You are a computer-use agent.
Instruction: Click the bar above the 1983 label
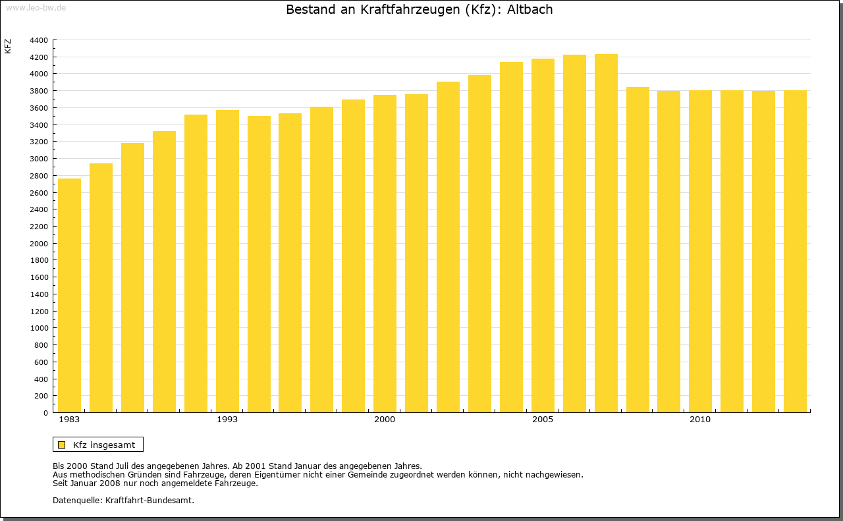coord(69,296)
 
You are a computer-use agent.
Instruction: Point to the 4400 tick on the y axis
coord(39,40)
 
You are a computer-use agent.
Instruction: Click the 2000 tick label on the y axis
coord(39,244)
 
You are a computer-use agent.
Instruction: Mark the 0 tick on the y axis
coord(45,413)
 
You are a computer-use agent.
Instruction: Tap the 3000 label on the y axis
coord(39,159)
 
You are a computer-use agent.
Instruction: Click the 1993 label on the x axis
coord(227,420)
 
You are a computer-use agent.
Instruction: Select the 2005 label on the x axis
coord(543,420)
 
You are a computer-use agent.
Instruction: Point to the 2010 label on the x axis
coord(700,420)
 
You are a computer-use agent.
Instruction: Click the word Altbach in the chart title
coord(530,10)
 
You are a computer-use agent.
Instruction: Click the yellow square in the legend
coord(62,445)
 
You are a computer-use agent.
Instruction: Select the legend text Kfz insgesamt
coord(104,445)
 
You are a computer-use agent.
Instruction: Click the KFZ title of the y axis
coord(8,46)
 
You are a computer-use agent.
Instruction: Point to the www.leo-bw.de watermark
coord(36,7)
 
